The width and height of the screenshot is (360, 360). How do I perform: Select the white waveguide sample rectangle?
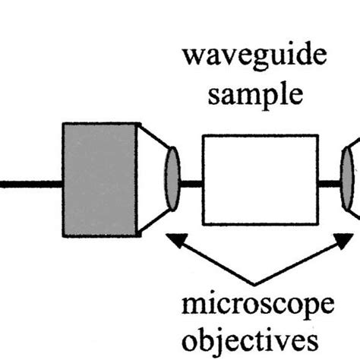click(259, 179)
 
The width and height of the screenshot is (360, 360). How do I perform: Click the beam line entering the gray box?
click(30, 183)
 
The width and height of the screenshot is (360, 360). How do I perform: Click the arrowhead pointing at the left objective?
click(174, 240)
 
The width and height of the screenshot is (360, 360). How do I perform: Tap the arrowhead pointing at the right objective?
click(345, 240)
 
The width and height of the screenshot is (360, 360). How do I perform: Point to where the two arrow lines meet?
click(259, 286)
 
